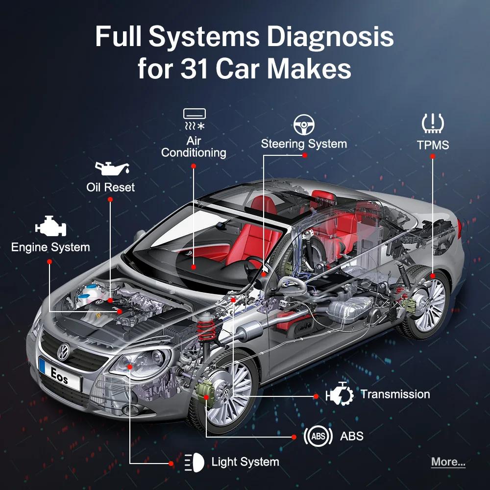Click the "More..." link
[448, 462]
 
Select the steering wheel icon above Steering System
[304, 125]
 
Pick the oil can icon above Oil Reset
[112, 168]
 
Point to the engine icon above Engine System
[50, 227]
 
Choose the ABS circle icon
[318, 436]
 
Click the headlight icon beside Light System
[195, 462]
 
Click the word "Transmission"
[395, 394]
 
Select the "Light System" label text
[245, 462]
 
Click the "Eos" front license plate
[60, 373]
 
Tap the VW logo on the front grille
[63, 351]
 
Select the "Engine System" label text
[50, 247]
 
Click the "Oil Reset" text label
[110, 187]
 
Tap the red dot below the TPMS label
[433, 156]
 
